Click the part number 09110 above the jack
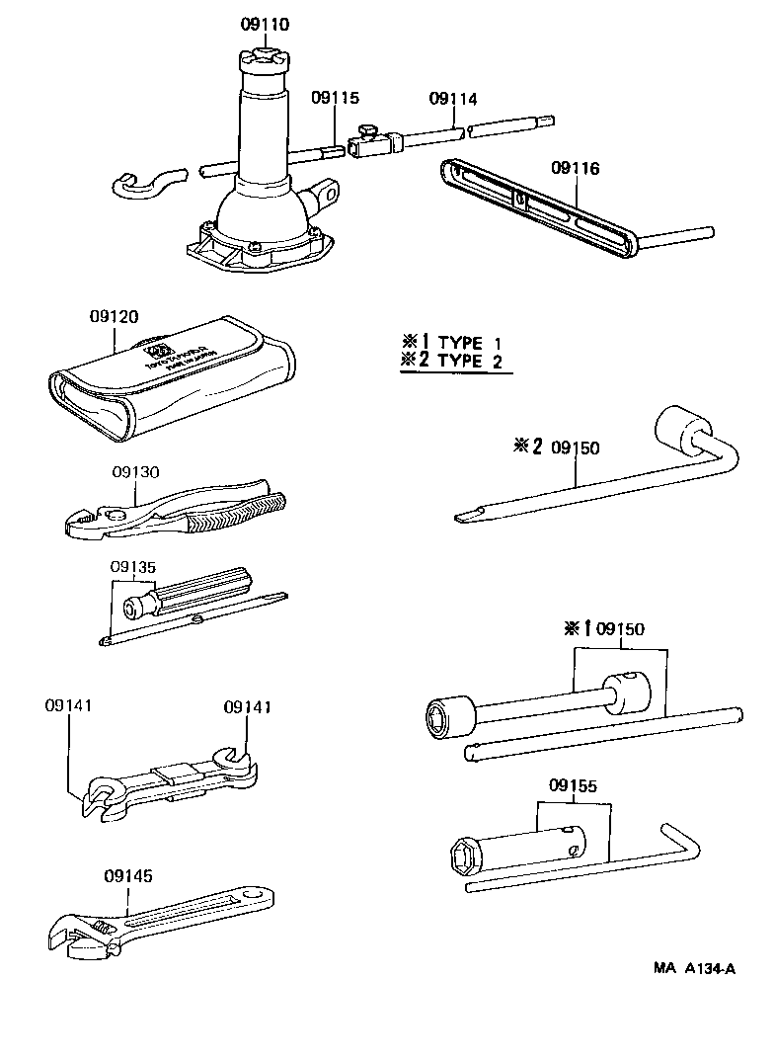pyautogui.click(x=264, y=25)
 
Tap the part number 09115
pyautogui.click(x=336, y=98)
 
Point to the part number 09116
pyautogui.click(x=576, y=169)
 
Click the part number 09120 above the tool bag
pyautogui.click(x=114, y=317)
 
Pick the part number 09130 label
pyautogui.click(x=133, y=472)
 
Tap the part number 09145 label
pyautogui.click(x=127, y=875)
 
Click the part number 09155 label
pyautogui.click(x=573, y=786)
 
